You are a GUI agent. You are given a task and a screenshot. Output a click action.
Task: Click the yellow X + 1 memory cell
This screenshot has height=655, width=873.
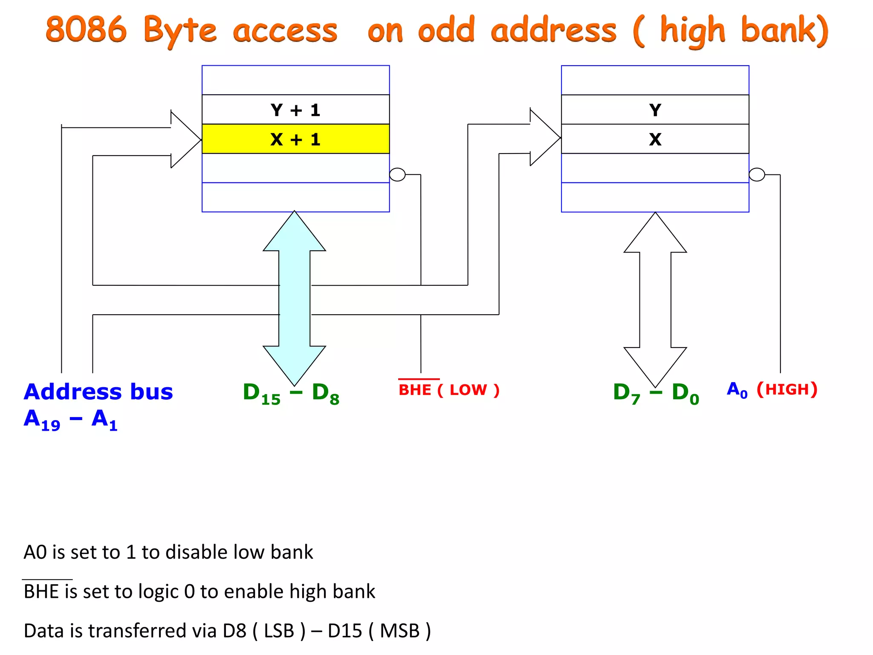point(295,139)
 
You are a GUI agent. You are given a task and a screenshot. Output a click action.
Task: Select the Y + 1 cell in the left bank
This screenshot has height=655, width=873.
point(295,110)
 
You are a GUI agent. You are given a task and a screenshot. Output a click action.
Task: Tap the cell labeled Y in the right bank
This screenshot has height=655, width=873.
point(655,110)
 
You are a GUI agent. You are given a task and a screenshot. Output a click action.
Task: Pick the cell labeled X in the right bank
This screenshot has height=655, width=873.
point(655,139)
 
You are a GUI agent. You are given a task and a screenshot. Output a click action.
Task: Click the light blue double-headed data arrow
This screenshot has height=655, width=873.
point(294,299)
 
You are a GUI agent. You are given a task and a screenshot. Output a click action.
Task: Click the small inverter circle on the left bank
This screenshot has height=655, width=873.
point(397,174)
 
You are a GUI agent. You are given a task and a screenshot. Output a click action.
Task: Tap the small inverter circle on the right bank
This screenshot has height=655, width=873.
point(757,174)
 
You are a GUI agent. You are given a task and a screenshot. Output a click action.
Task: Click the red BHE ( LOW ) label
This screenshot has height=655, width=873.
point(448,389)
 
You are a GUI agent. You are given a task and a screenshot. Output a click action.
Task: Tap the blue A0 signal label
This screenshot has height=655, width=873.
point(737,390)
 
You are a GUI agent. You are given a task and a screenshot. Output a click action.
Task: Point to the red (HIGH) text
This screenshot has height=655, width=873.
point(787,389)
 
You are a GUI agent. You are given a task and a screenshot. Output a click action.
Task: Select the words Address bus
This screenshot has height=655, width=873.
point(98,391)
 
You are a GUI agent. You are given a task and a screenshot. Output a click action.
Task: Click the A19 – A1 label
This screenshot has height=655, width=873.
point(70,420)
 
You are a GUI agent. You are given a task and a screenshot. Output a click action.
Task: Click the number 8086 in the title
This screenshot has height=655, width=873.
point(87,30)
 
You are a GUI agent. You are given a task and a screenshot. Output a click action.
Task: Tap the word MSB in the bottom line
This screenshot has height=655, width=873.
point(399,631)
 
